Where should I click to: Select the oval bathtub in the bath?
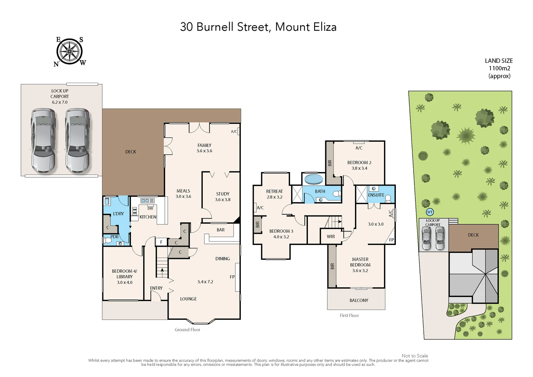(x=313, y=179)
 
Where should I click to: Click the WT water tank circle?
(x=430, y=212)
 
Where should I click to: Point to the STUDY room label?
(x=222, y=194)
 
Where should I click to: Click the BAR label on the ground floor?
(x=221, y=230)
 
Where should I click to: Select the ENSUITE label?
(x=376, y=195)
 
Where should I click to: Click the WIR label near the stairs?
(x=331, y=237)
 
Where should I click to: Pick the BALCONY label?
(x=359, y=300)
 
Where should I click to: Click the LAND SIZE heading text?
(x=499, y=61)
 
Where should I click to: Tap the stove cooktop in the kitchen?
(x=134, y=211)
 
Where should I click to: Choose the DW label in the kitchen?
(x=150, y=208)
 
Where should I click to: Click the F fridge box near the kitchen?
(x=161, y=242)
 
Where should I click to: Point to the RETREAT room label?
(x=274, y=191)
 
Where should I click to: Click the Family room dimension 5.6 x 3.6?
(x=204, y=151)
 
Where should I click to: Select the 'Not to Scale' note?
(x=415, y=356)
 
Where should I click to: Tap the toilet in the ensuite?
(x=388, y=199)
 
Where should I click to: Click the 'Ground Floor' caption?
(x=187, y=330)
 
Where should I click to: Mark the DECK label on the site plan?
(x=473, y=235)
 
